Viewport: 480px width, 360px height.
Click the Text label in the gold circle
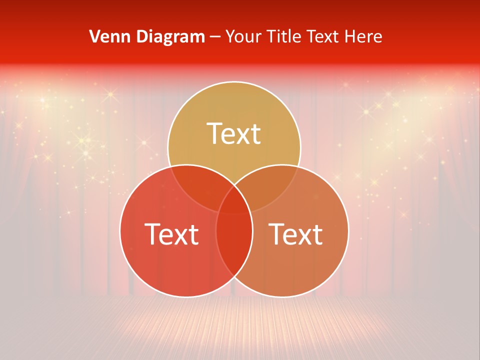pos(234,133)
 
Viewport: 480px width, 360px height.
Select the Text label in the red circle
pos(171,234)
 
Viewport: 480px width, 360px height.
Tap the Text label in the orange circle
pos(295,234)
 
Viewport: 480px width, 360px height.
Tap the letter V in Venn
pos(94,36)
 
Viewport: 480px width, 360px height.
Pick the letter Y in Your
pos(230,36)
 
